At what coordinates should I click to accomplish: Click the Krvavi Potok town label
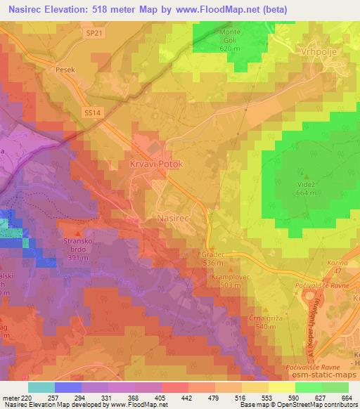(x=156, y=164)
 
